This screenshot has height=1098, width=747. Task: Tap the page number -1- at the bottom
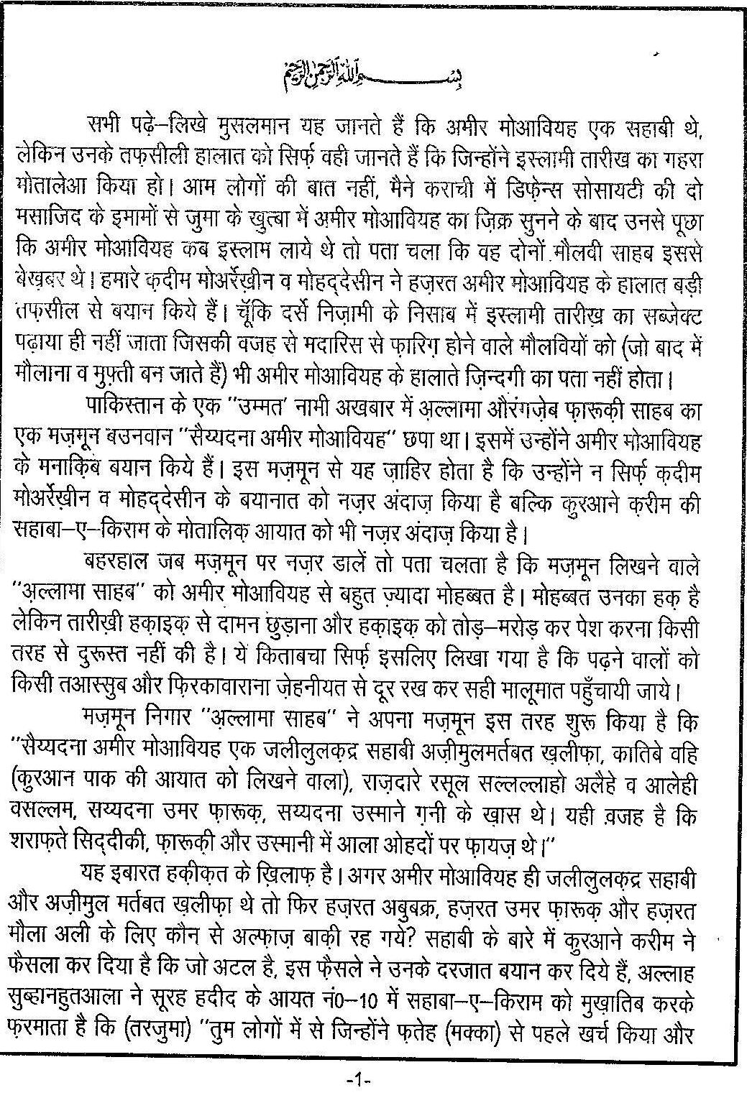(357, 1079)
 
